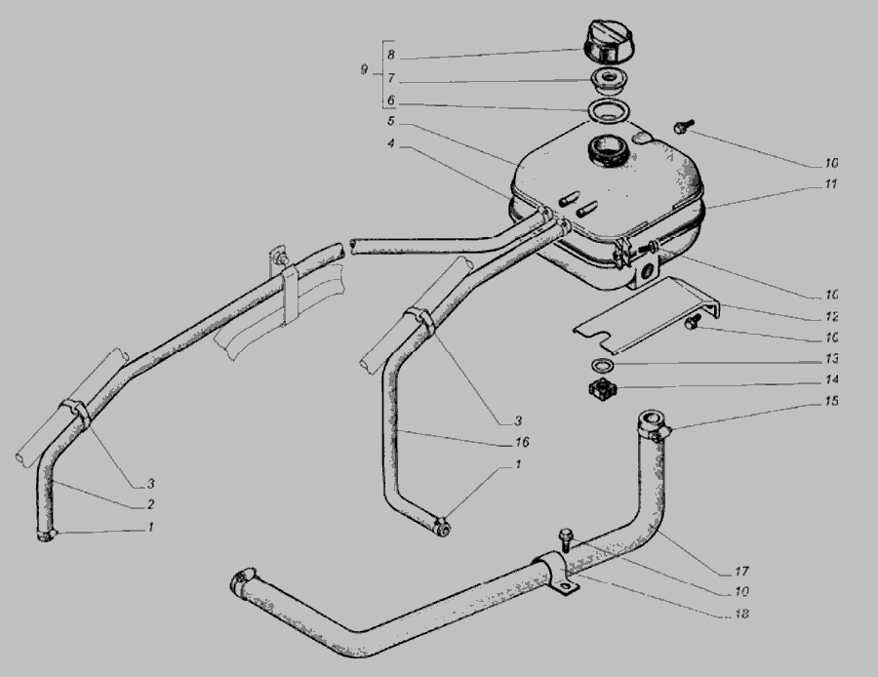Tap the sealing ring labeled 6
point(608,110)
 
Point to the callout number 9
point(365,70)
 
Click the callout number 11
point(830,183)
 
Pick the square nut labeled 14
point(602,389)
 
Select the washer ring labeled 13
point(602,365)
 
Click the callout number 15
point(831,401)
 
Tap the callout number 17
point(741,572)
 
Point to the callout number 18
point(741,614)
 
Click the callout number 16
point(522,442)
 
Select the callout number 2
point(150,504)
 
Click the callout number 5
point(391,121)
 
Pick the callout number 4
point(391,144)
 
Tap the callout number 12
point(831,316)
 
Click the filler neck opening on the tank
point(608,150)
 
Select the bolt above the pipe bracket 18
point(566,538)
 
